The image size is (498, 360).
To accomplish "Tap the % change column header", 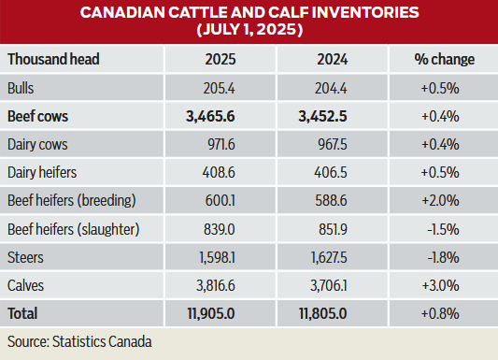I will tap(445, 59).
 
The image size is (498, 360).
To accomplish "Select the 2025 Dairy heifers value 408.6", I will tap(233, 173).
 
